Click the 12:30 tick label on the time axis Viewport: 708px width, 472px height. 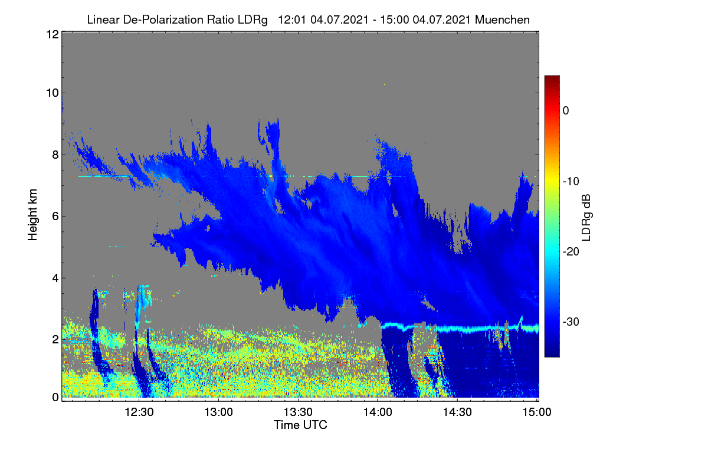139,412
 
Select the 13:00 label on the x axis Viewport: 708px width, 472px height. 218,412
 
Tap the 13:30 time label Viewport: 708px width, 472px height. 298,412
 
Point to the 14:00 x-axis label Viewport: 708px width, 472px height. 378,412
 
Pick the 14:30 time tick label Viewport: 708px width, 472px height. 457,412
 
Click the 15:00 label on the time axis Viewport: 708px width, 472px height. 537,412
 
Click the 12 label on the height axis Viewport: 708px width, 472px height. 53,34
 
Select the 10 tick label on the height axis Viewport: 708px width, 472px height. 53,93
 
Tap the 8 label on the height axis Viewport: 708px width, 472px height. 56,155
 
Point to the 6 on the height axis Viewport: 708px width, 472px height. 56,217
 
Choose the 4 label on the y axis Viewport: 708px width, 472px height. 56,278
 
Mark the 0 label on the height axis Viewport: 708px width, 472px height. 56,398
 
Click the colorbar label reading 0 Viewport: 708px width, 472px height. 566,111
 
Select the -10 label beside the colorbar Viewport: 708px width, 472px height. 571,182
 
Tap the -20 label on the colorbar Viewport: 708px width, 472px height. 571,252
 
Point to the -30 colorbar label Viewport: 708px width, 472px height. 571,322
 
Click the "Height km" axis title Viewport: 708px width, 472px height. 32,215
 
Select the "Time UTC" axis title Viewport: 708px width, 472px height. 300,425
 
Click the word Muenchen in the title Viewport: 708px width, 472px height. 502,20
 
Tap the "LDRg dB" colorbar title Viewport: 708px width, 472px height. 586,218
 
